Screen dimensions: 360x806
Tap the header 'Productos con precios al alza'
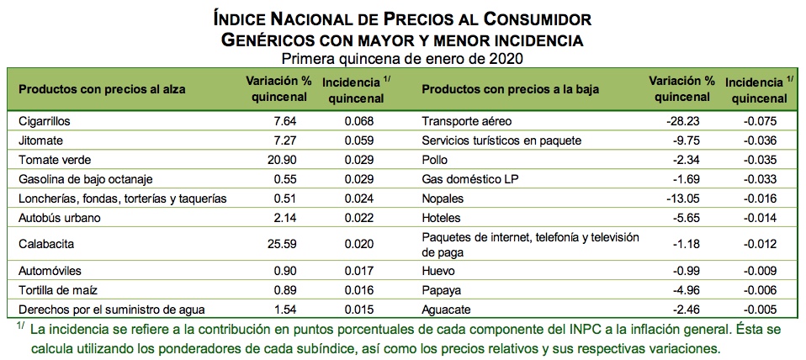coord(102,89)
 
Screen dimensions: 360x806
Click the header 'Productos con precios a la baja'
coord(510,89)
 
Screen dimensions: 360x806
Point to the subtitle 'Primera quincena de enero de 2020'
coord(402,59)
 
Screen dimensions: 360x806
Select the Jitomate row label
coord(40,140)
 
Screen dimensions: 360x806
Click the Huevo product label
coord(437,272)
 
